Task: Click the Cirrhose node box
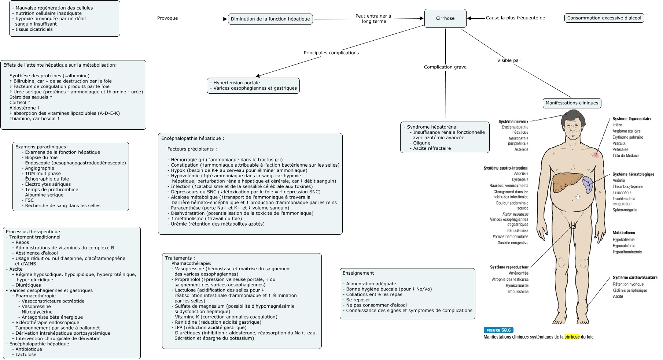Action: (445, 18)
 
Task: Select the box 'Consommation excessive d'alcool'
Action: (604, 18)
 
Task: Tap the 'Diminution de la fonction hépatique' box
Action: (270, 19)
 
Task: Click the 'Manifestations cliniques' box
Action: (572, 103)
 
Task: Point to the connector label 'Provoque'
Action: (167, 18)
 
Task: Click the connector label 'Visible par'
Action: (509, 60)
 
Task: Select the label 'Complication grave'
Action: (445, 67)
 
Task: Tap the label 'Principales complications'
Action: (331, 53)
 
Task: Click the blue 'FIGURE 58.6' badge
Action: (498, 330)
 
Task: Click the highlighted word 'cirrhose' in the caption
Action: (572, 337)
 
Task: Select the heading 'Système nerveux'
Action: (513, 122)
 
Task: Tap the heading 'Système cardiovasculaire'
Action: (635, 278)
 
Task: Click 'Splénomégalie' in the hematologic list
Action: (625, 210)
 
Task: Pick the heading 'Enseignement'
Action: (358, 273)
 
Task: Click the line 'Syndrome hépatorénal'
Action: (432, 127)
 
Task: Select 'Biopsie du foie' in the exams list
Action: (41, 157)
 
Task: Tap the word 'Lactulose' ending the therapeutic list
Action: (26, 355)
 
